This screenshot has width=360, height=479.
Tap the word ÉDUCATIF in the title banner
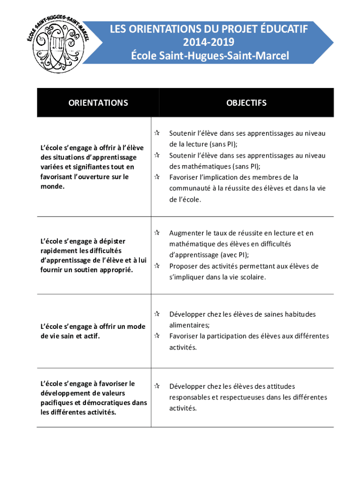tap(285, 30)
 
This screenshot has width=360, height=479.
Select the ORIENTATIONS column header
tap(98, 102)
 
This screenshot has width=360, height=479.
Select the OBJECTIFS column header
tap(246, 102)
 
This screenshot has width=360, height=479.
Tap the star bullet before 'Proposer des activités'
tap(158, 266)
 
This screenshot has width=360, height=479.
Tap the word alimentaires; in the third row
tap(189, 325)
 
